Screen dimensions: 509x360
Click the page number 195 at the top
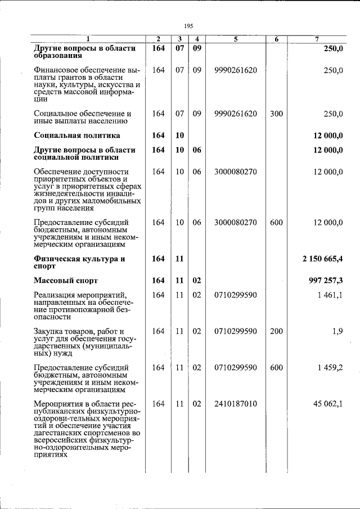[x=188, y=25]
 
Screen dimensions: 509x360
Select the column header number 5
[x=236, y=39]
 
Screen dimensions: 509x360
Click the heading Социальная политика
[x=77, y=136]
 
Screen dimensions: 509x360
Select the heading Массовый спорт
[x=66, y=280]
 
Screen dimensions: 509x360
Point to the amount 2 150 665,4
[x=322, y=259]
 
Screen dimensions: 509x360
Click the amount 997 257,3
[x=326, y=280]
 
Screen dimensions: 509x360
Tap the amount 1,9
[x=337, y=331]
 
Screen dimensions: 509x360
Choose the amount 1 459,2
[x=330, y=367]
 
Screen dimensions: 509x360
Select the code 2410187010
[x=236, y=404]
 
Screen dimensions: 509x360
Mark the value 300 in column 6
[x=276, y=114]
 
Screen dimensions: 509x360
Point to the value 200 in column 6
[x=276, y=331]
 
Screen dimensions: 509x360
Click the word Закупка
[x=51, y=331]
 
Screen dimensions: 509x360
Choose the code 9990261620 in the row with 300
[x=236, y=114]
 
